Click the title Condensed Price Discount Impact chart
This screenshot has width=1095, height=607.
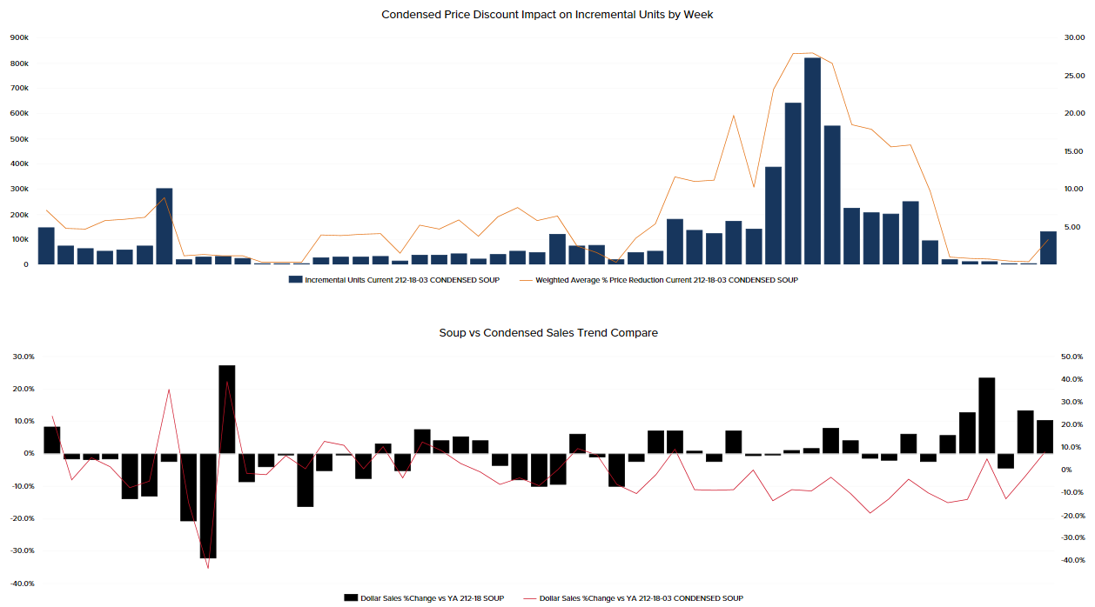[x=547, y=14]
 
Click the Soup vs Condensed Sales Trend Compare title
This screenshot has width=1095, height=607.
[x=548, y=332]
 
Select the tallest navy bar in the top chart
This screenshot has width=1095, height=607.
[x=812, y=161]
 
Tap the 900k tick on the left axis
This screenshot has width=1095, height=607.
[x=19, y=38]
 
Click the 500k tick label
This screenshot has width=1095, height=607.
[x=19, y=139]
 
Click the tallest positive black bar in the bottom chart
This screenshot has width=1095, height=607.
[x=227, y=409]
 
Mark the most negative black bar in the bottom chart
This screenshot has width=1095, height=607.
[x=207, y=505]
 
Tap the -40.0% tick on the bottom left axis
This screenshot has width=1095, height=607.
[x=23, y=584]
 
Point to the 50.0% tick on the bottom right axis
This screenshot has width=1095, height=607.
[x=1072, y=357]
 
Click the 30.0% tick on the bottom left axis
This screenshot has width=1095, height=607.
[x=23, y=357]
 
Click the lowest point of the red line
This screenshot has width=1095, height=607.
[x=208, y=568]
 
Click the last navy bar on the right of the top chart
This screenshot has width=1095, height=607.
[x=1048, y=248]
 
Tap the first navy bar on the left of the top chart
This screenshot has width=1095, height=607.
[x=46, y=246]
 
